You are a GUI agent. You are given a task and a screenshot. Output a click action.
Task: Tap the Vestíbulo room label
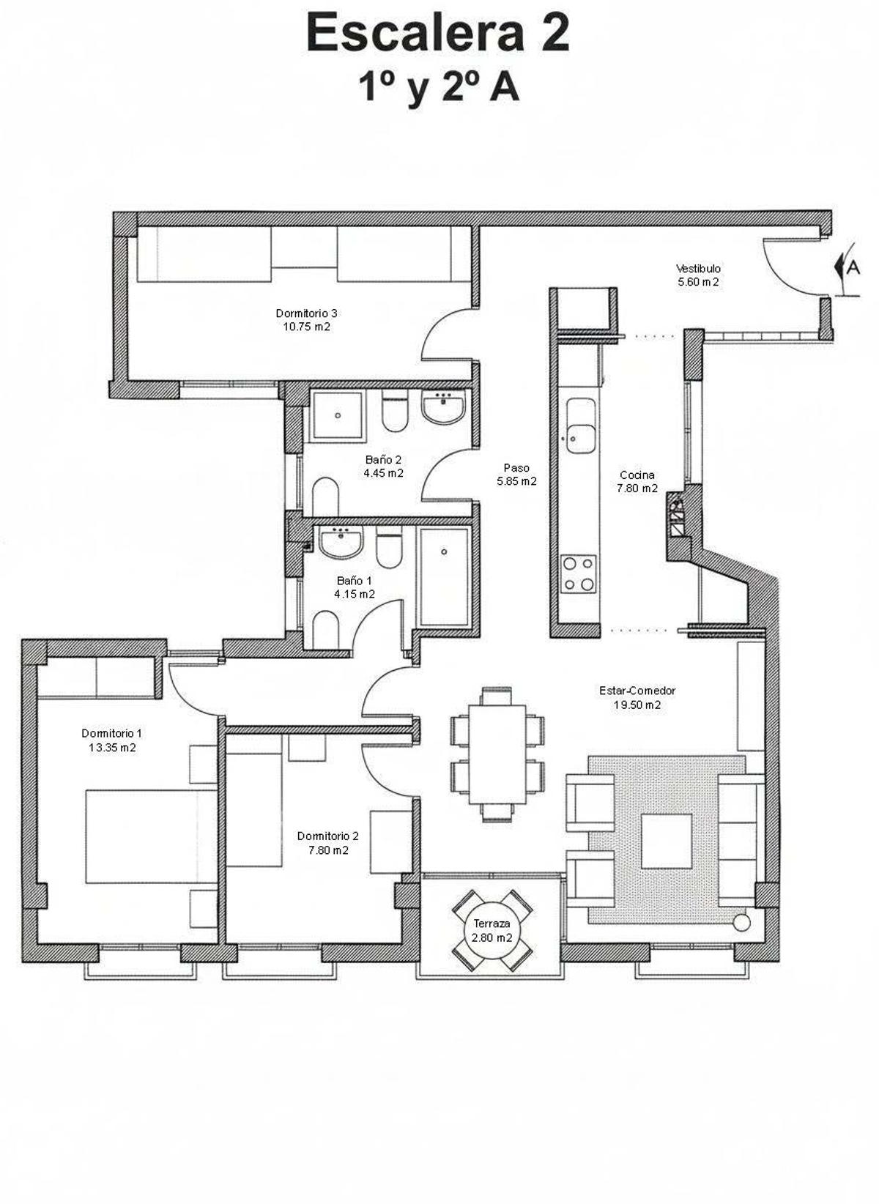coord(697,269)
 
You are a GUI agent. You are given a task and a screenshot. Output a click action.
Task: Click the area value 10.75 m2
coord(306,327)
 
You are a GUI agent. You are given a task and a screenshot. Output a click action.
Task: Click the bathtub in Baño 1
coord(444,577)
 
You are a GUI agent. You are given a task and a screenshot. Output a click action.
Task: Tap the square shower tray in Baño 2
coord(337,416)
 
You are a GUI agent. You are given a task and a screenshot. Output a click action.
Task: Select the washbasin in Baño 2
coord(443,407)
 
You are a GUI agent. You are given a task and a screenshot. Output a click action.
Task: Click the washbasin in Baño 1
coord(341,543)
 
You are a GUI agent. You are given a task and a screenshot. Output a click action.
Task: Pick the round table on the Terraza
coord(492,931)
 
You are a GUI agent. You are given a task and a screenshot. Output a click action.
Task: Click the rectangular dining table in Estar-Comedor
coord(497,754)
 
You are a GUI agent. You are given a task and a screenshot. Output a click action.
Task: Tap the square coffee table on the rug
coord(666,841)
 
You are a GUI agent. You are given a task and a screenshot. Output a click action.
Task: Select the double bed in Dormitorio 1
coord(151,836)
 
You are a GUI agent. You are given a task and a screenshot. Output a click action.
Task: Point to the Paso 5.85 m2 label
coord(516,475)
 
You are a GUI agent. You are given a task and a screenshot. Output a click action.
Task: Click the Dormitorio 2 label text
coord(327,836)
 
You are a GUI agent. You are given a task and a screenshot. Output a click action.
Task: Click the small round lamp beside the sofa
coord(741,922)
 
